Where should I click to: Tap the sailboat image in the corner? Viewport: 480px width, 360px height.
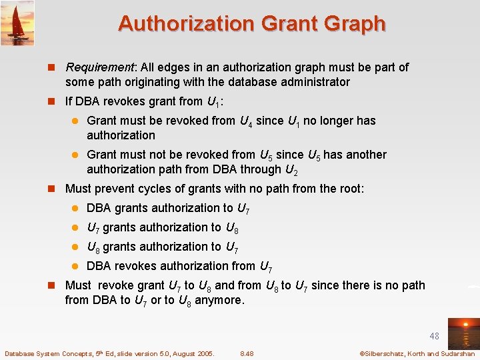pyautogui.click(x=17, y=23)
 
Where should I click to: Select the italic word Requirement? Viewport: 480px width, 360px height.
pyautogui.click(x=100, y=67)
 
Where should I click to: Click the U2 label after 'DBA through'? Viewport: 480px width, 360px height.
pyautogui.click(x=291, y=169)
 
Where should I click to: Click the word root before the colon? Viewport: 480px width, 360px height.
pyautogui.click(x=348, y=189)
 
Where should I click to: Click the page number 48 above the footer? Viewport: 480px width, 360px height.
pyautogui.click(x=434, y=337)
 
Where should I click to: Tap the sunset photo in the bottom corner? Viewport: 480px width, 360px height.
pyautogui.click(x=463, y=333)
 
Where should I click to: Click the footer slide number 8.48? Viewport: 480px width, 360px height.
pyautogui.click(x=247, y=353)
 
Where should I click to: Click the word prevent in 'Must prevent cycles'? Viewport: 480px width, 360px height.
pyautogui.click(x=113, y=189)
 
